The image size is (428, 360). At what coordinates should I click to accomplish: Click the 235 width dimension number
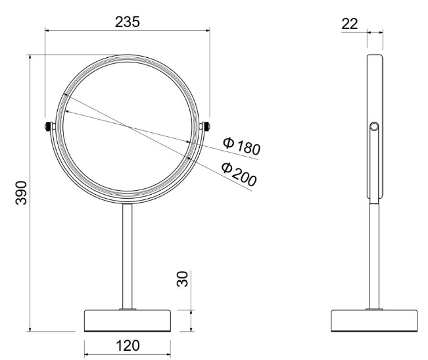pyautogui.click(x=127, y=22)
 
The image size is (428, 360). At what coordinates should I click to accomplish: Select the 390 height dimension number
pyautogui.click(x=21, y=193)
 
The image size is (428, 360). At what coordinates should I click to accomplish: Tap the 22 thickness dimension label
pyautogui.click(x=349, y=24)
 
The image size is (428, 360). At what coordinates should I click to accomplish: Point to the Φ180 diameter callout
pyautogui.click(x=241, y=146)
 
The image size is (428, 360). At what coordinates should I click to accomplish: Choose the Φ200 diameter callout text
pyautogui.click(x=239, y=174)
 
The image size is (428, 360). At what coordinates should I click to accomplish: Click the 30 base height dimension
pyautogui.click(x=183, y=278)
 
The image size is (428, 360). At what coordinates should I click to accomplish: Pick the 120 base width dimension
pyautogui.click(x=128, y=346)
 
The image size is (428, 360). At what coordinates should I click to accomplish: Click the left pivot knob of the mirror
pyautogui.click(x=48, y=126)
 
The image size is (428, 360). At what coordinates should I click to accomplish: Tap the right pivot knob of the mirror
pyautogui.click(x=206, y=126)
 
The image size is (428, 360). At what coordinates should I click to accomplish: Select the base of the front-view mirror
pyautogui.click(x=127, y=321)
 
